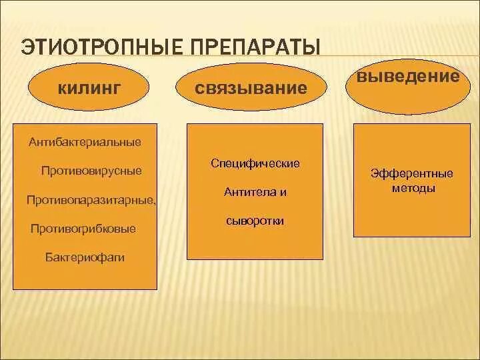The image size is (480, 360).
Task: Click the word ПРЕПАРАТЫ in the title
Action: click(254, 48)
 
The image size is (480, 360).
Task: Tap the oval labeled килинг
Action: click(89, 89)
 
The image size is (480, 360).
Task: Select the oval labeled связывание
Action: click(252, 89)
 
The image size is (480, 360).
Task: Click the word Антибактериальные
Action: click(85, 142)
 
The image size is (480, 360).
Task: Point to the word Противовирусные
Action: click(91, 171)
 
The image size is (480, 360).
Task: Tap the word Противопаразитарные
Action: click(91, 200)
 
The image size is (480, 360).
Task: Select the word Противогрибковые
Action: click(83, 229)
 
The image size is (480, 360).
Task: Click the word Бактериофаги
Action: click(85, 257)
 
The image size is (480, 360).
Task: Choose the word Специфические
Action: click(255, 163)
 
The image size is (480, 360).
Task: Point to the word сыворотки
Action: click(255, 221)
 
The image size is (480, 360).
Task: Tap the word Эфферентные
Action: click(411, 174)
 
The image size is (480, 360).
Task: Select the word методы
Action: click(411, 189)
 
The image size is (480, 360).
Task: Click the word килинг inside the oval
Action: click(89, 89)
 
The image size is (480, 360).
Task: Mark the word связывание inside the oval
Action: click(252, 89)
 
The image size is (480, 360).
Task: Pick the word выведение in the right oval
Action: click(408, 76)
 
